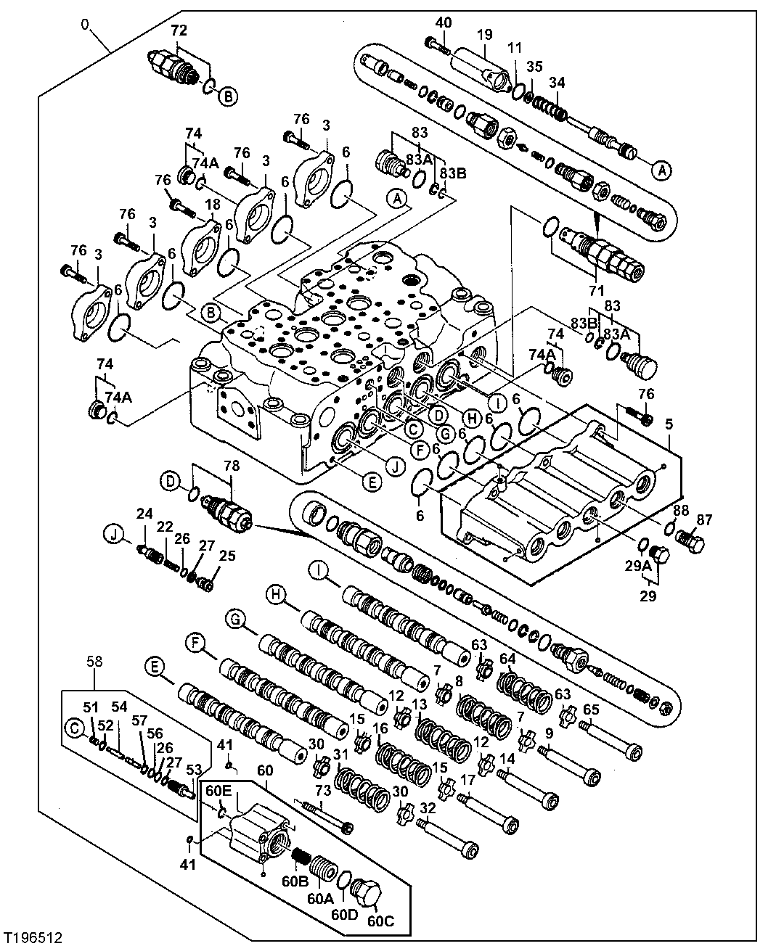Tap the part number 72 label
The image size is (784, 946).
point(179,30)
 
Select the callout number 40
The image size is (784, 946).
point(443,23)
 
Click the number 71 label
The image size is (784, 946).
point(596,291)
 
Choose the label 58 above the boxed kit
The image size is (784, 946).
point(95,661)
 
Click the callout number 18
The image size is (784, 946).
point(212,205)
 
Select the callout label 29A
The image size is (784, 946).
point(640,564)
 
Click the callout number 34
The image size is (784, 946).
point(557,83)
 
